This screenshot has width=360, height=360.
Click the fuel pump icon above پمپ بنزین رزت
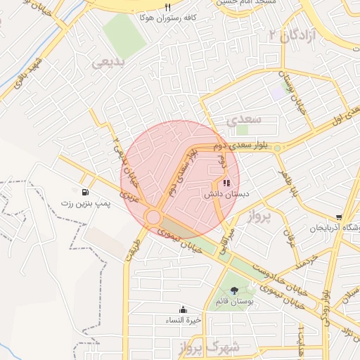pyautogui.click(x=85, y=192)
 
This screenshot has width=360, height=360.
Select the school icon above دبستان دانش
pyautogui.click(x=217, y=184)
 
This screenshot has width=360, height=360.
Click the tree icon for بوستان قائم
pyautogui.click(x=233, y=290)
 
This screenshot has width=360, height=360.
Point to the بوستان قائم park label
pyautogui.click(x=233, y=301)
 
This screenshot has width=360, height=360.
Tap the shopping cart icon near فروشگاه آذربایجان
pyautogui.click(x=340, y=218)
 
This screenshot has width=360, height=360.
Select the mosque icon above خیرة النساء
pyautogui.click(x=183, y=309)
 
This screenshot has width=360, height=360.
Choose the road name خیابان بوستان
pyautogui.click(x=288, y=89)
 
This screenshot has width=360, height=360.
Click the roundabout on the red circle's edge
pyautogui.click(x=153, y=217)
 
